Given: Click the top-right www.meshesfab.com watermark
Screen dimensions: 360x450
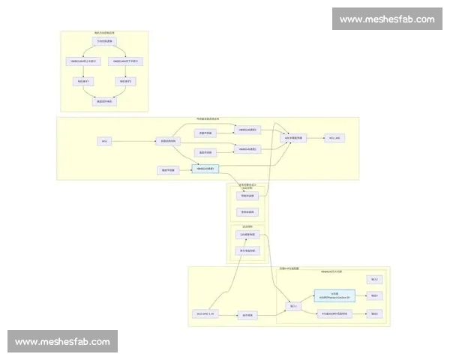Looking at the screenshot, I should tap(386, 19).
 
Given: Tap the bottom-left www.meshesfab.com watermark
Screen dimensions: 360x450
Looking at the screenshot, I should tap(62, 341).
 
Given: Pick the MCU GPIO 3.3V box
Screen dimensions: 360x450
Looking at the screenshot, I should tap(205, 312).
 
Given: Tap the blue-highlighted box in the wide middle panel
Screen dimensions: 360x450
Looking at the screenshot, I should tap(205, 169).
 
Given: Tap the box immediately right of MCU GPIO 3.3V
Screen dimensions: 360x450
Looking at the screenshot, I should tap(248, 315).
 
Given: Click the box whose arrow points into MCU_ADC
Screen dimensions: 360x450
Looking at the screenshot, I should tap(292, 138).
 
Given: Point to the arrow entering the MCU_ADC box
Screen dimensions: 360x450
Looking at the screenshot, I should tap(316, 138).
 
